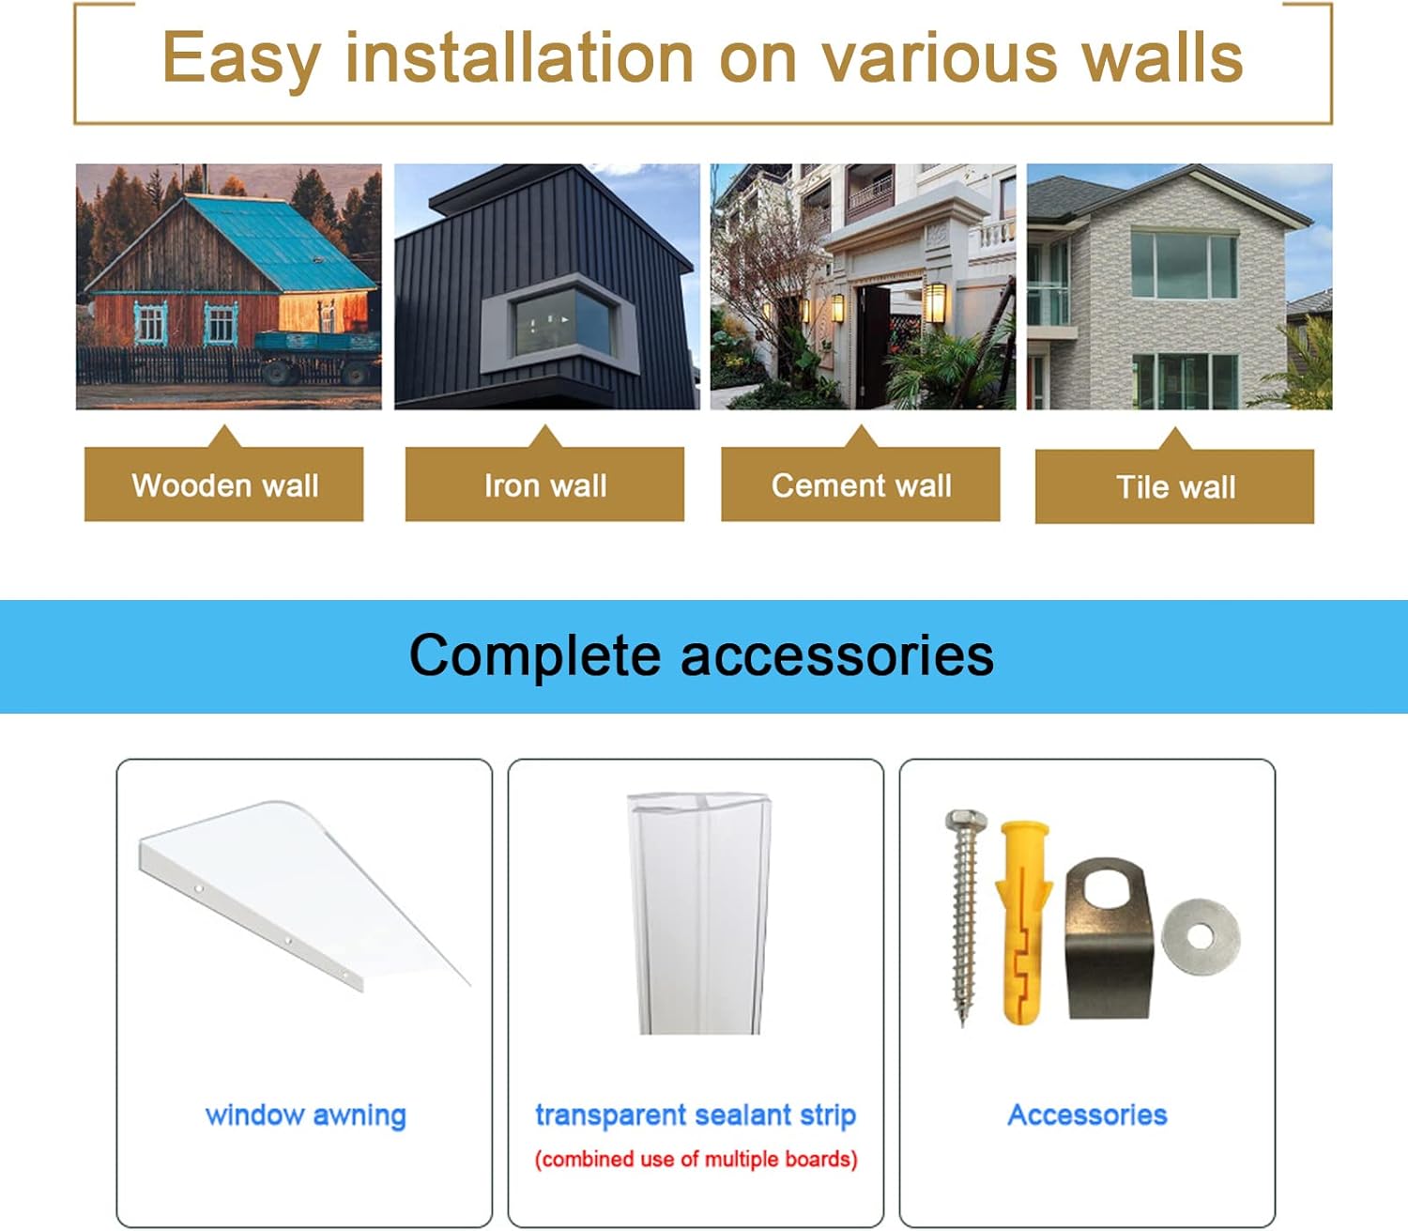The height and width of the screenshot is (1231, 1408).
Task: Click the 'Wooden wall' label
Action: coord(224,485)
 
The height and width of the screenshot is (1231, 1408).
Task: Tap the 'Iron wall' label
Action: coord(544,485)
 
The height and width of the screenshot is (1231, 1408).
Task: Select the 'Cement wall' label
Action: coord(861,485)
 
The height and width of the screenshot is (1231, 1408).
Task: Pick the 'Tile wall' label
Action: coord(1175,487)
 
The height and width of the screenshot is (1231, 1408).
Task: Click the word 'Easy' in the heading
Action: coord(241,59)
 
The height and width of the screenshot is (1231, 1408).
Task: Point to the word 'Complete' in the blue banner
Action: coord(534,655)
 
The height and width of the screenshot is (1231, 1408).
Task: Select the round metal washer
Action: coord(1201,936)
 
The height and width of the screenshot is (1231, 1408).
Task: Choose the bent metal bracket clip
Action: coord(1109,939)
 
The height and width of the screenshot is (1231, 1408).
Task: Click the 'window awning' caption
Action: coord(305,1115)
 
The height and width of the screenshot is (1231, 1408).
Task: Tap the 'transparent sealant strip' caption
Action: coord(695,1115)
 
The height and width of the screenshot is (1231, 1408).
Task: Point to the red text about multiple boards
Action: coord(696,1160)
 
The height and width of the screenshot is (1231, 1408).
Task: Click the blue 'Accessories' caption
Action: coord(1087,1115)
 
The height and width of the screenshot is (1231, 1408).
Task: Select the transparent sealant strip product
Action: coord(700,916)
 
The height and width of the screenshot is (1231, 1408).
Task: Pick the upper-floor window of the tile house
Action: coord(1183,265)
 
